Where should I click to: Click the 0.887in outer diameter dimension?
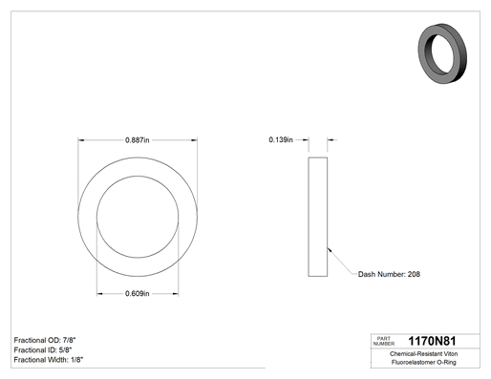(138, 140)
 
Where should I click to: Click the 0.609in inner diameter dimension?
(138, 293)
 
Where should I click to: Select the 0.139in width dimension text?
(281, 139)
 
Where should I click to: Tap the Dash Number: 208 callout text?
(389, 274)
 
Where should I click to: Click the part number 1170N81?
(432, 341)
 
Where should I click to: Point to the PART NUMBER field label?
(384, 341)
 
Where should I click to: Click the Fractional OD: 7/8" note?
(45, 340)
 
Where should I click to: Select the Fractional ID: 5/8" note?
(43, 350)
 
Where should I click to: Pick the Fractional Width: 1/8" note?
(49, 360)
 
